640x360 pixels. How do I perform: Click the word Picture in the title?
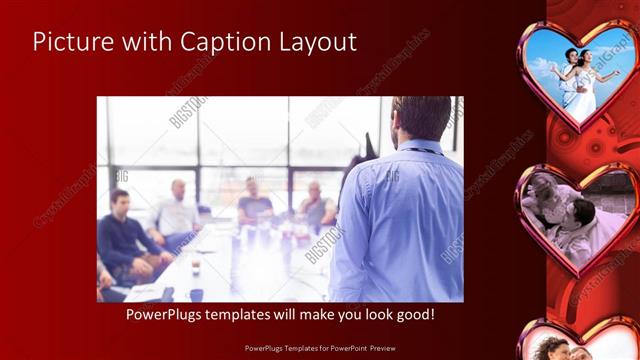tap(70, 42)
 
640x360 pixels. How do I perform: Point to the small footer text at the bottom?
tap(319, 349)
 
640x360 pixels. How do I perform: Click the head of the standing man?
tap(420, 117)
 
